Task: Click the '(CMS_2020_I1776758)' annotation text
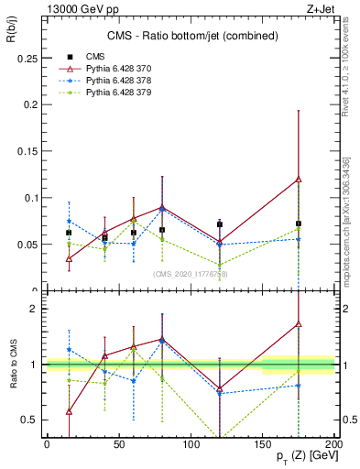190,274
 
